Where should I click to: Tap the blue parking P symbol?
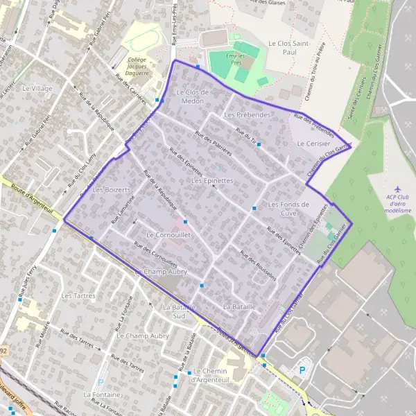[302, 370]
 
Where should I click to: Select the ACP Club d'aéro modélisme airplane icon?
[397, 189]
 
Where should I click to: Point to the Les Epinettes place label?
[211, 180]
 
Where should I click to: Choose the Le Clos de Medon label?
[191, 96]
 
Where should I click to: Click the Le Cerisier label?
[310, 144]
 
